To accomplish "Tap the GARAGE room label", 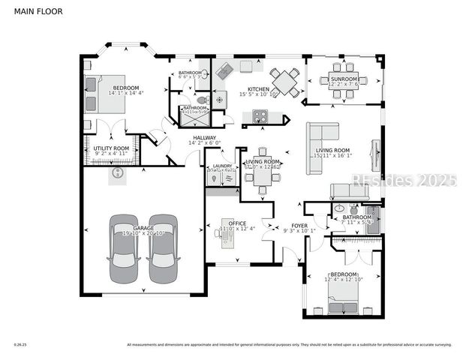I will [x=143, y=228].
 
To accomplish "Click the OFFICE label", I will [x=237, y=223].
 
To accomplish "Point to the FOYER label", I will [x=300, y=225].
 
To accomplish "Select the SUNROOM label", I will [x=344, y=78].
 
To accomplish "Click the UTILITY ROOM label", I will [x=111, y=148].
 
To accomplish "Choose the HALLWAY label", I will [x=204, y=137].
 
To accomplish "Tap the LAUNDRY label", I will [x=222, y=166].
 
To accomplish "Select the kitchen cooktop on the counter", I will [x=260, y=115].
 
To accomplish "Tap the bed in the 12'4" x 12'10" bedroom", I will [x=344, y=304].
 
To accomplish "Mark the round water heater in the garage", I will [x=117, y=173].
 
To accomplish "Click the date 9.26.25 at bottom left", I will [x=20, y=345].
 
